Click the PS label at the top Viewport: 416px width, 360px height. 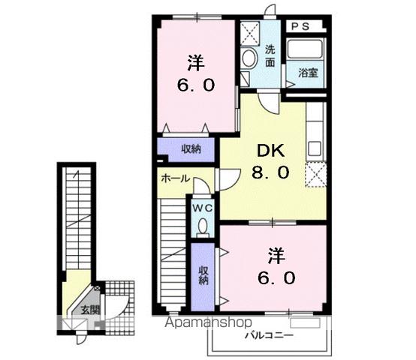click(301, 25)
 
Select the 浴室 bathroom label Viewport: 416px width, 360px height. click(308, 73)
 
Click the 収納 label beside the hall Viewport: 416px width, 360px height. click(191, 148)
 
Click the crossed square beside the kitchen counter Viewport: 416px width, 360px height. click(316, 175)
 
